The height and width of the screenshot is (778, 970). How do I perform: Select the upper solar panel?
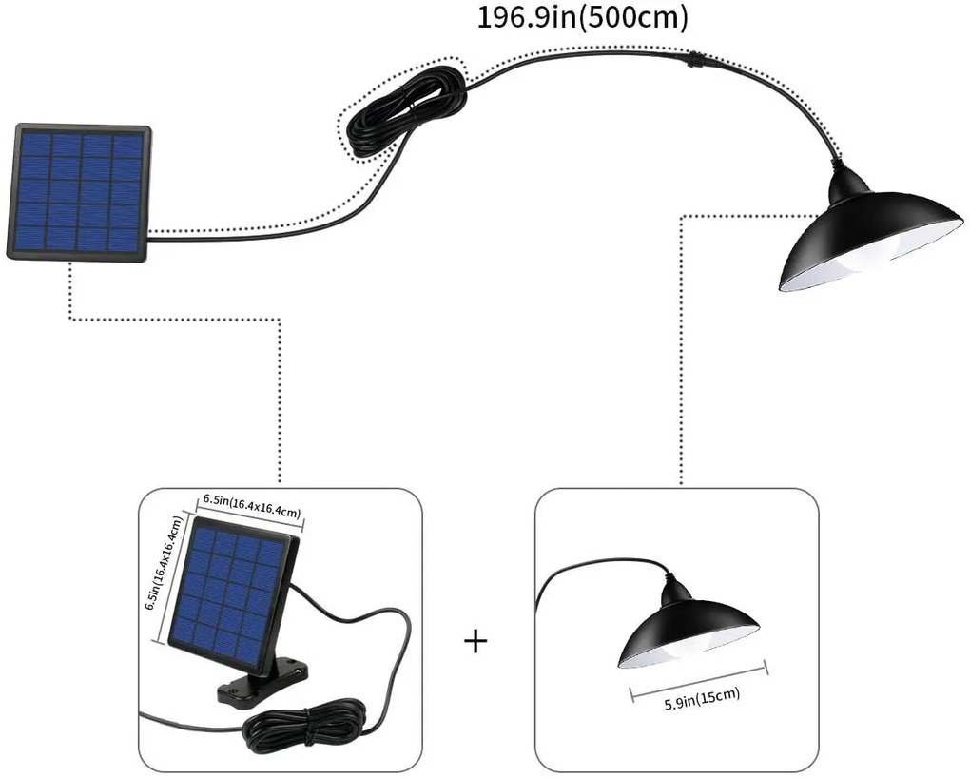pyautogui.click(x=79, y=191)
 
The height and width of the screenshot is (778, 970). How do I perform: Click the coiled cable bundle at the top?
pyautogui.click(x=405, y=110)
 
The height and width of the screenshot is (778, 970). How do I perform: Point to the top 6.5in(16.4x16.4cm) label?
pyautogui.click(x=251, y=506)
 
